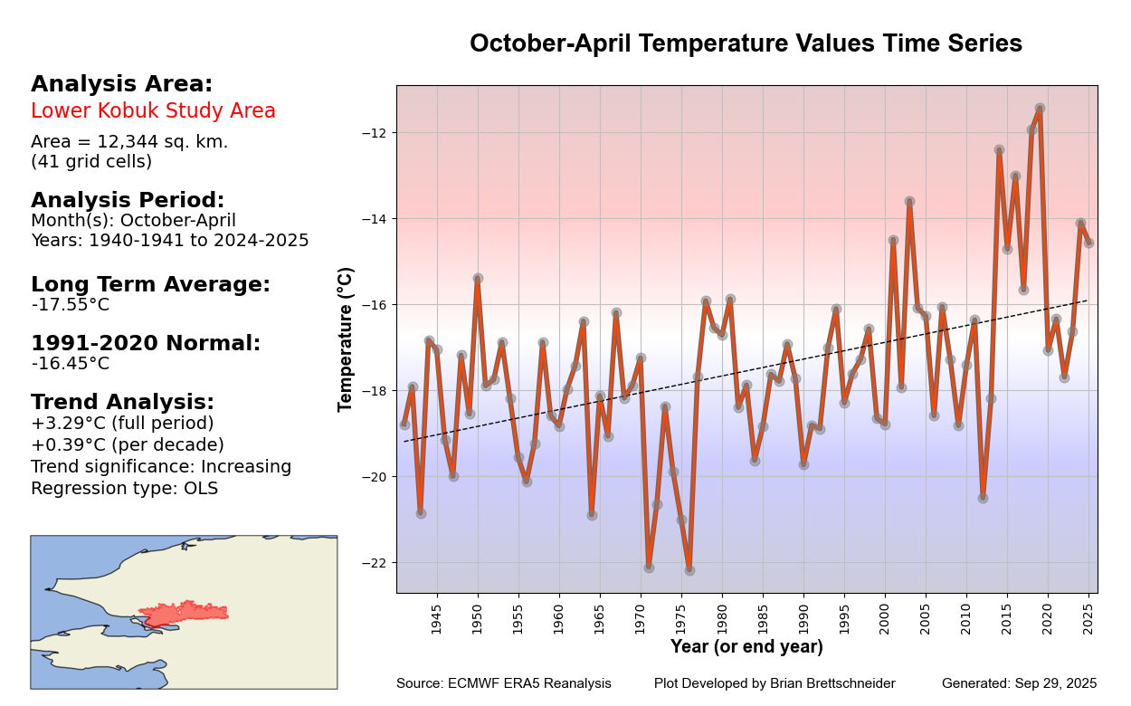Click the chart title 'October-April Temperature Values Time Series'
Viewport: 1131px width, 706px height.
[746, 43]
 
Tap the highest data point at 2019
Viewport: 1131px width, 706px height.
[1040, 109]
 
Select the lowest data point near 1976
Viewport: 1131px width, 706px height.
[689, 570]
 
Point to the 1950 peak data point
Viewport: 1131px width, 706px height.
[478, 279]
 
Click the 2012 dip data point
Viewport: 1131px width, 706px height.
[983, 498]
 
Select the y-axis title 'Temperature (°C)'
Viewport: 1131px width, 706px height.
[346, 339]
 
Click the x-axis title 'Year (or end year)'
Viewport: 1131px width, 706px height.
[746, 647]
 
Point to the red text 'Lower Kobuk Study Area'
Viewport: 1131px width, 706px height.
[153, 111]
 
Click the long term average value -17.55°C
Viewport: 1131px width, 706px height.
[70, 305]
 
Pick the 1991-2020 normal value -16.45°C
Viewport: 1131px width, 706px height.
[70, 364]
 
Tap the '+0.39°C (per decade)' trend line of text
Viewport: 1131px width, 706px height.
[127, 445]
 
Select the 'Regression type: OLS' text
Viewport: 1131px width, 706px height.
[124, 489]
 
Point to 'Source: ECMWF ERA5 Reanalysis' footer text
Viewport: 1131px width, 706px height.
[503, 683]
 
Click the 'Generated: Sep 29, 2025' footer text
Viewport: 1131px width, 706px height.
[1019, 683]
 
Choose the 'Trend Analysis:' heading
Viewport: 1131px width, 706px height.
[122, 403]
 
